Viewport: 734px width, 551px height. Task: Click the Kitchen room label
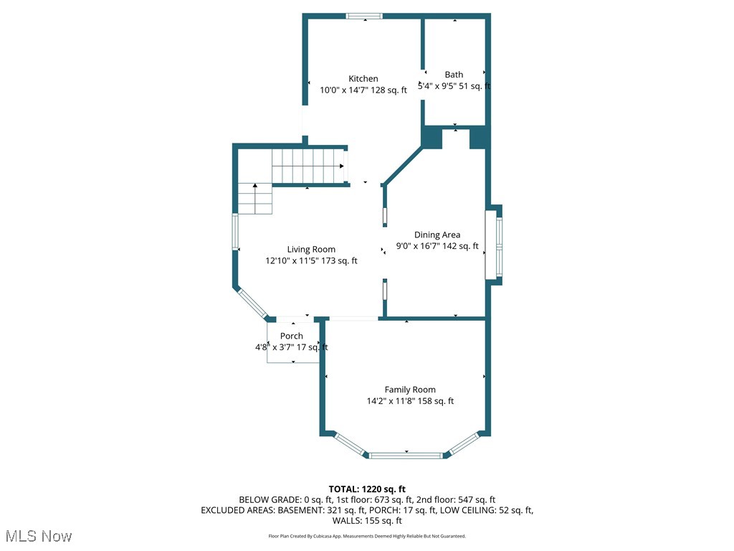(x=363, y=79)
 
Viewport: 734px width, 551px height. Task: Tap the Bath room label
(x=454, y=75)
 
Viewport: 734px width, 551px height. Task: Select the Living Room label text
(x=311, y=250)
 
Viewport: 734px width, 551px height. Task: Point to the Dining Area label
(x=437, y=235)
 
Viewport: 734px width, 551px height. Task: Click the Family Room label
(x=410, y=390)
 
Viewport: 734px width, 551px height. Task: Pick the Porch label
(x=292, y=336)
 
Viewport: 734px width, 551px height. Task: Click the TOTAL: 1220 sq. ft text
(x=367, y=489)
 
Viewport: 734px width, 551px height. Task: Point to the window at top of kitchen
(x=364, y=16)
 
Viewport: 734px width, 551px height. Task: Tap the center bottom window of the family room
(x=406, y=455)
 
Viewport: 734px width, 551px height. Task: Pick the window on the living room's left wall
(x=235, y=232)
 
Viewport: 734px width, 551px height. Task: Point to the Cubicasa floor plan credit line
(x=367, y=536)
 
